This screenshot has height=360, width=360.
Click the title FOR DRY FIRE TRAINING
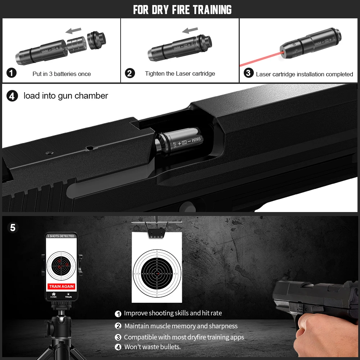coord(182,9)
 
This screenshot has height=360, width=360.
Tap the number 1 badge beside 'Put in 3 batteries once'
coord(12,73)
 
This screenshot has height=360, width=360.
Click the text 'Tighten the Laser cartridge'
coord(180,73)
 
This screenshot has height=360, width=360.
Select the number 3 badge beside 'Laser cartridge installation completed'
coord(248,73)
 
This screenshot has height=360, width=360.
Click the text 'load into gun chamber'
coord(66,96)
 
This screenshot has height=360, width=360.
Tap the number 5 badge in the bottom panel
coord(13,228)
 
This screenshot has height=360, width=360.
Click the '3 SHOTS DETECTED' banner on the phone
coord(61,236)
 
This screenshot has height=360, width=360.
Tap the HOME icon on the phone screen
coord(54,294)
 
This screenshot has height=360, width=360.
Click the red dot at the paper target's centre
coord(157,274)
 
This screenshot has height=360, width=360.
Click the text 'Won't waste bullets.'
coord(152,347)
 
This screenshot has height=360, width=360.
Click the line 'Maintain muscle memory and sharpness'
coord(181,326)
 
